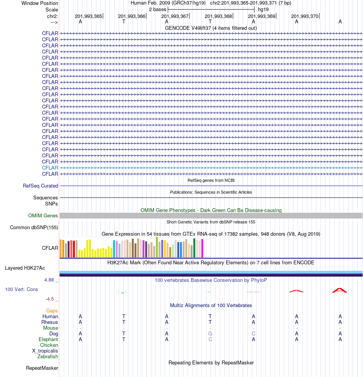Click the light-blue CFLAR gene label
coord(50,168)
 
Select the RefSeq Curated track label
coord(41,186)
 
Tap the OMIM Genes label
coord(43,216)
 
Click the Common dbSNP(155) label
coord(34,228)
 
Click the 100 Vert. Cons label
coord(21,290)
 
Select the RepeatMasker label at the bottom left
coord(42,368)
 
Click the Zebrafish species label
coord(48,357)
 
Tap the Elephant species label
coord(48,340)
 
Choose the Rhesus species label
coord(50,322)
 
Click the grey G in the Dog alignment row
coord(210,334)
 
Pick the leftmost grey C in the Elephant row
coord(210,340)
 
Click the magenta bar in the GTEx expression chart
coord(202,248)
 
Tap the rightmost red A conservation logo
coord(340,290)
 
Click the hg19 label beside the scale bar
coord(263,9)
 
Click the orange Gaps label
coord(52,311)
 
